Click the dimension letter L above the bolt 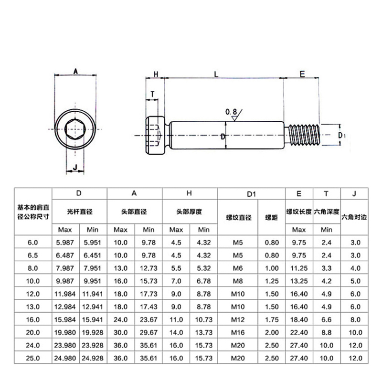pyautogui.click(x=217, y=74)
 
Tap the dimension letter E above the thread pyautogui.click(x=302, y=74)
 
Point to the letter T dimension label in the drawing pyautogui.click(x=152, y=94)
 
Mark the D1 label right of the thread pyautogui.click(x=341, y=136)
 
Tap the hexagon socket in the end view pyautogui.click(x=75, y=130)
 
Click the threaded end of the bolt pyautogui.click(x=302, y=135)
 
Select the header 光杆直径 pyautogui.click(x=80, y=211)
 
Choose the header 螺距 pyautogui.click(x=271, y=217)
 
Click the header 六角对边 pyautogui.click(x=354, y=217)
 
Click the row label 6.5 pyautogui.click(x=33, y=255)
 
